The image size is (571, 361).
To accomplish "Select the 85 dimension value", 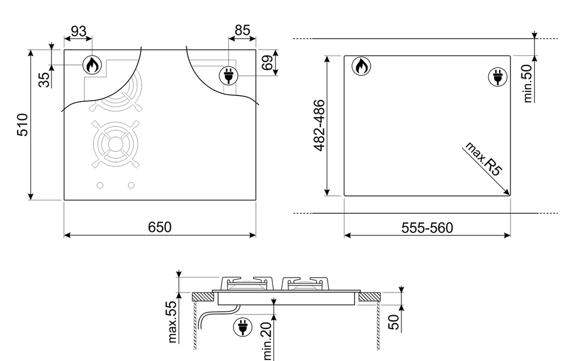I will (242, 30).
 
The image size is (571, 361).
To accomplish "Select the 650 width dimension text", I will (160, 227).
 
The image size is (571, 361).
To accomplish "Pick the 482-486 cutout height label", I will (320, 125).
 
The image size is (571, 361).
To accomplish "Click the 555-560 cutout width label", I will (427, 228).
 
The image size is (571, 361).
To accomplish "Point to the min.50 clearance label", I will (528, 83).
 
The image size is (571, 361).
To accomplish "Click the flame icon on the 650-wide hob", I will (91, 66).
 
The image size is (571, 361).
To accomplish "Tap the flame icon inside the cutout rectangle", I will (361, 67).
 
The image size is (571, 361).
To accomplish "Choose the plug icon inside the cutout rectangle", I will (497, 77).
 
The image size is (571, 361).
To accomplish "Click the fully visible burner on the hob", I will (115, 144).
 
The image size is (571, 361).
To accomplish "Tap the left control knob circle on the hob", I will (100, 186).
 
